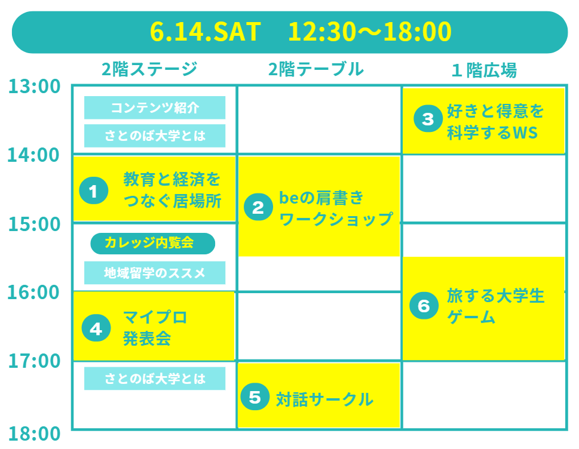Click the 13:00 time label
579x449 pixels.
[34, 87]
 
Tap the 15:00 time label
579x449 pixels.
[34, 224]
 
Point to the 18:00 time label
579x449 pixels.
[34, 433]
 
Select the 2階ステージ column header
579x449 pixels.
[149, 69]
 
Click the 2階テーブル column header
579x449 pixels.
[316, 69]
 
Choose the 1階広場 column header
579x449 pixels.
[484, 70]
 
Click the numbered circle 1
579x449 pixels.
[94, 190]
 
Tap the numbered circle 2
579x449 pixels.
[259, 207]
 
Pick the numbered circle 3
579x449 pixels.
[428, 118]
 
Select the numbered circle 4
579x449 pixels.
[96, 328]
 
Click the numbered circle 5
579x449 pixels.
[255, 397]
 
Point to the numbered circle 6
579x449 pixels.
[424, 306]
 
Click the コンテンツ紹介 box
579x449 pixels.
[155, 107]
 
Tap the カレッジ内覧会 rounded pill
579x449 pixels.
[152, 244]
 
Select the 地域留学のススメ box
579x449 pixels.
[155, 273]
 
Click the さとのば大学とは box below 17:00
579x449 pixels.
[155, 379]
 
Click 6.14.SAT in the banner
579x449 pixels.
[206, 32]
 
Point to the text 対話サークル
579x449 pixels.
[325, 399]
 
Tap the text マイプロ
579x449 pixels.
[155, 317]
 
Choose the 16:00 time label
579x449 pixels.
[33, 292]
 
